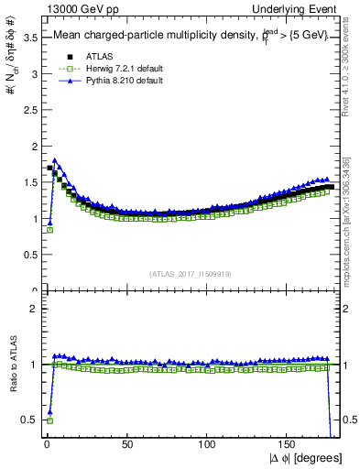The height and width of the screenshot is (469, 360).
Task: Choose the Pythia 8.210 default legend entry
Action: tap(106, 81)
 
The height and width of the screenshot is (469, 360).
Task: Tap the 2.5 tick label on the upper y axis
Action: tap(27, 110)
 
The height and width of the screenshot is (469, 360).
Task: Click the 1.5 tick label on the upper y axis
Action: tap(27, 182)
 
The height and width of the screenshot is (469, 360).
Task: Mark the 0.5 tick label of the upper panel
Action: tap(27, 255)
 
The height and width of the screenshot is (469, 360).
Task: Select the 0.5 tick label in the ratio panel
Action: tap(27, 420)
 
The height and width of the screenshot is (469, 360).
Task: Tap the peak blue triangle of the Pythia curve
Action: tap(55, 160)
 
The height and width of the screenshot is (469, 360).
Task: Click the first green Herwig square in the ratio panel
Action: tap(49, 420)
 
